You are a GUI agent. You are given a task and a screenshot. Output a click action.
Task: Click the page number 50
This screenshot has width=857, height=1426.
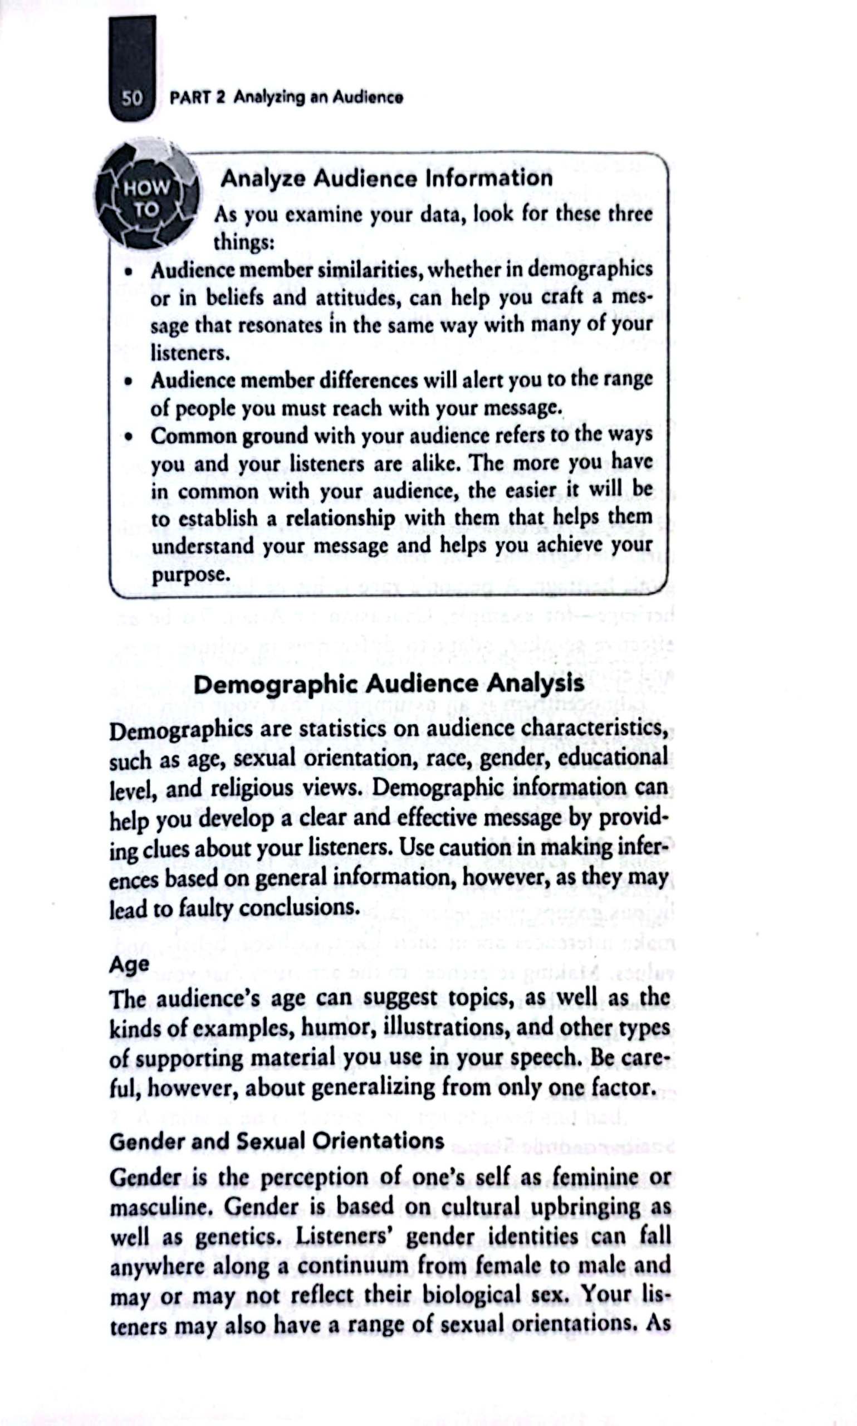click(x=131, y=97)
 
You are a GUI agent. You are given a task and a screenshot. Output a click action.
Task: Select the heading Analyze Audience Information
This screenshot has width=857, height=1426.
click(x=386, y=177)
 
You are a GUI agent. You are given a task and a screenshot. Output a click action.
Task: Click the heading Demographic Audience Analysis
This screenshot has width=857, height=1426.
click(x=389, y=685)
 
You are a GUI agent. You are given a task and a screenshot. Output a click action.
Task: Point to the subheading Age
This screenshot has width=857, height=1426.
click(x=129, y=964)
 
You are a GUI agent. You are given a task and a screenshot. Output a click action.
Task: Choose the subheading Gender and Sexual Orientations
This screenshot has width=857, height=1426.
click(x=277, y=1141)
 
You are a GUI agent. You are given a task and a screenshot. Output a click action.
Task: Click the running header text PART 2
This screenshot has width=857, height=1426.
click(x=197, y=97)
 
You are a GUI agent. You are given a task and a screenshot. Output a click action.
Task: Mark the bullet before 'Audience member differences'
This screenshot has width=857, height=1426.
click(x=129, y=381)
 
